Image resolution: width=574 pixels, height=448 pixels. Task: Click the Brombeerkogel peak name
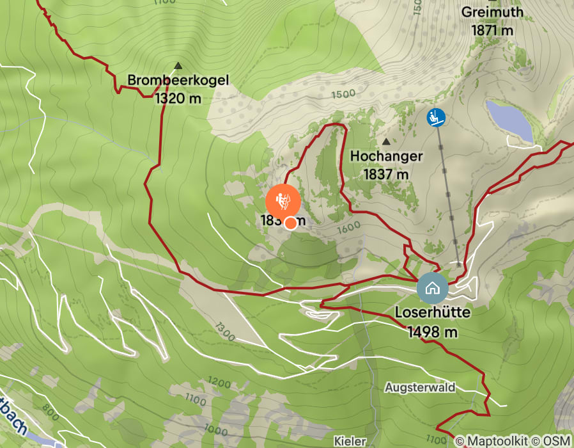178,81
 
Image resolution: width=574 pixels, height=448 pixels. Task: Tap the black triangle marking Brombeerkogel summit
178,65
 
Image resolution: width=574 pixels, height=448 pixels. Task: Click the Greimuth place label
492,12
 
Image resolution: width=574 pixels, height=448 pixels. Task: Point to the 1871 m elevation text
492,29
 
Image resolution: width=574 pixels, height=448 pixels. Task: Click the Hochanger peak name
386,156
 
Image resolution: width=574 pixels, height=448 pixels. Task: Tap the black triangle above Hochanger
386,141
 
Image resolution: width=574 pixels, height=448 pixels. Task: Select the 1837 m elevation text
386,173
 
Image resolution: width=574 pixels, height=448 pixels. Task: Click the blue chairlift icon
437,117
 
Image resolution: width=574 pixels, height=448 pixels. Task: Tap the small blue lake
509,121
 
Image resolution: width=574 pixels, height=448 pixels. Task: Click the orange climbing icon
283,202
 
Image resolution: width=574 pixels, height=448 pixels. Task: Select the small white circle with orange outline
290,223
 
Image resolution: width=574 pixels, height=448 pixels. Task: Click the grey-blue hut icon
432,287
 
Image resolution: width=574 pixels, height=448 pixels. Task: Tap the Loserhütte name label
433,314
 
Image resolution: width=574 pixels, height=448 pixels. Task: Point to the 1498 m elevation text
433,332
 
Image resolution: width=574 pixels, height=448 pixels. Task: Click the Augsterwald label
419,388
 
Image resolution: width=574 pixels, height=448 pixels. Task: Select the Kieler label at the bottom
350,442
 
